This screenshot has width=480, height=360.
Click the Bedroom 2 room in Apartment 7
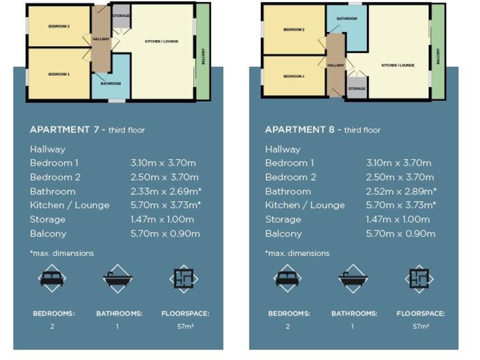coord(59,26)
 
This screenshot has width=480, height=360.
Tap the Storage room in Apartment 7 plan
coord(121,16)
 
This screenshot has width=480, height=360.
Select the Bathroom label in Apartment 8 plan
coord(347,19)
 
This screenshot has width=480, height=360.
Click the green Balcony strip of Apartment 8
coord(438,52)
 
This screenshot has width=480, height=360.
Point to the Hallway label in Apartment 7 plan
coord(101,39)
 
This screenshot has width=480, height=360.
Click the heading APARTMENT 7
coord(67,130)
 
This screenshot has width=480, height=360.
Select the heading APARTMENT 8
coord(302,130)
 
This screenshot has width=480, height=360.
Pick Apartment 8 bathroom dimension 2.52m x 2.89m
coord(401,191)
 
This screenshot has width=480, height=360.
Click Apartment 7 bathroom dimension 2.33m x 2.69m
coord(165,191)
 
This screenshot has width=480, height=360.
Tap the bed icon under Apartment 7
coord(52,279)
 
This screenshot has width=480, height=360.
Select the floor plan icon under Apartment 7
coord(183,279)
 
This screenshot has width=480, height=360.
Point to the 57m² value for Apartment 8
coord(420,326)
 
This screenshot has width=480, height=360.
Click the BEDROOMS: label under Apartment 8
coord(289,314)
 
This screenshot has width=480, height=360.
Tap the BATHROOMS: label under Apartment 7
coord(119,314)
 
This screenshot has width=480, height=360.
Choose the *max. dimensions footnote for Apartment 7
coord(61,253)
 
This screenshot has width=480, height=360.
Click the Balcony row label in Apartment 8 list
coord(283,234)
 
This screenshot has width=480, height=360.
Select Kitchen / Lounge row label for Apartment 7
coord(69,205)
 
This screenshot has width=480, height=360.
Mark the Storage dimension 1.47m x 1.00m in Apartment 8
coord(397,219)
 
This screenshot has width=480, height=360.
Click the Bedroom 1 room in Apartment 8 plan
coord(294,76)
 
